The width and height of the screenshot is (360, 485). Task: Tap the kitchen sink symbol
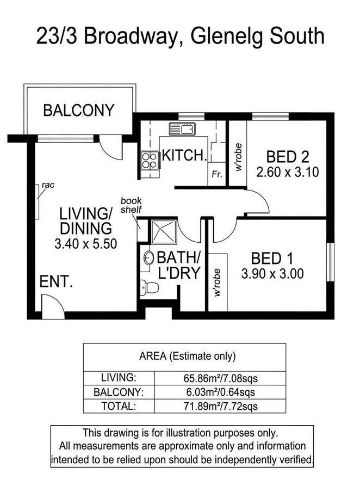182,130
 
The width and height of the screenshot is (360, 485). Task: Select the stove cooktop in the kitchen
149,159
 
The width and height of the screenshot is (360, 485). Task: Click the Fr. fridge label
216,175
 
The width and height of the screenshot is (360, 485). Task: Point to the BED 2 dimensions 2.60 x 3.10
287,173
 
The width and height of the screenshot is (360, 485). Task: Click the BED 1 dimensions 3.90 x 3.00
272,274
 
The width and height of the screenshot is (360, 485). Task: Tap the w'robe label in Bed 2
238,158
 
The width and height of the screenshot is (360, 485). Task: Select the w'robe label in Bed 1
216,283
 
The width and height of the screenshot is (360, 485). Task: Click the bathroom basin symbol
147,259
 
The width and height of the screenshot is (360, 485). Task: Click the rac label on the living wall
48,185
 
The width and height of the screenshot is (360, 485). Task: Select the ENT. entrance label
56,281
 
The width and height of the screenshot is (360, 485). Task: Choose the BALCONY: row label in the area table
119,391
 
